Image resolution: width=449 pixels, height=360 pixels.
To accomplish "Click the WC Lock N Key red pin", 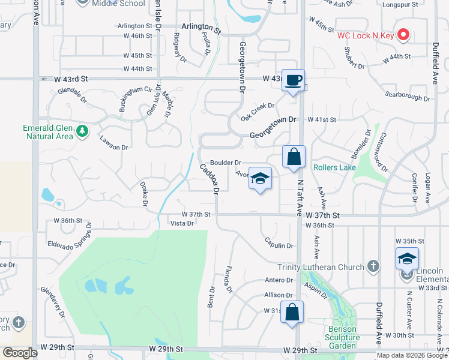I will point(403,35).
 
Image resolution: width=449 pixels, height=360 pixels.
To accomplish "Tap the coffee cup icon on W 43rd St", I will point(293,80).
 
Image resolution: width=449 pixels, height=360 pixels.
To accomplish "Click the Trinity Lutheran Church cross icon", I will point(373,266).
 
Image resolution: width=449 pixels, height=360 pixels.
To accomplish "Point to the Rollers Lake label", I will point(334,167).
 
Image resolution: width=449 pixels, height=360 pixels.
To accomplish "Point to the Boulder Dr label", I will point(225,163).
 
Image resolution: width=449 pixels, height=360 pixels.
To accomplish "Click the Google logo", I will point(20,353).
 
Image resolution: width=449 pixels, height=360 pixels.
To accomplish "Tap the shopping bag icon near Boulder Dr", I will point(294,158).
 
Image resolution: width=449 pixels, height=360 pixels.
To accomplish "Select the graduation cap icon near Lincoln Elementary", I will point(407,259).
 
